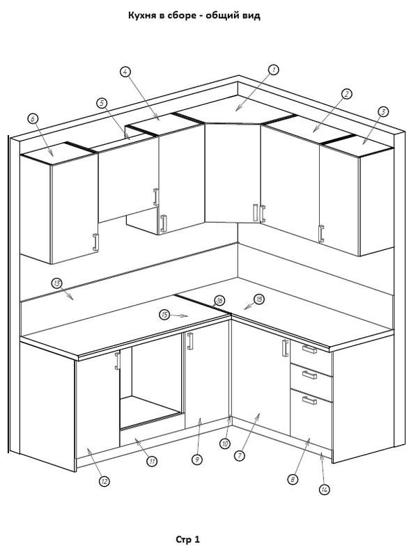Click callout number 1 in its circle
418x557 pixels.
[x=273, y=70]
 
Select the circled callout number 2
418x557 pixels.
[x=346, y=94]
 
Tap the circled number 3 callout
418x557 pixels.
[x=382, y=112]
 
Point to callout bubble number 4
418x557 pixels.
[x=125, y=72]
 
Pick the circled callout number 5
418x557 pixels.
[x=102, y=103]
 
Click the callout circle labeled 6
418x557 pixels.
[x=33, y=118]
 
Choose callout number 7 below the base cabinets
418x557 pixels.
[x=240, y=456]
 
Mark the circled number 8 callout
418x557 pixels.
[x=293, y=480]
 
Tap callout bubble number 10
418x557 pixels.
[x=225, y=444]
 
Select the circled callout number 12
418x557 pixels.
[x=104, y=482]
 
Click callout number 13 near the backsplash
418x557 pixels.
[x=57, y=283]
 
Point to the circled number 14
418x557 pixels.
[x=325, y=490]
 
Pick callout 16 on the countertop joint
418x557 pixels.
[x=219, y=301]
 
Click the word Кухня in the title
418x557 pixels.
[x=144, y=15]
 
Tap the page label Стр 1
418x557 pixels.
[x=188, y=540]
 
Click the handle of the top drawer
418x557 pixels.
[x=309, y=350]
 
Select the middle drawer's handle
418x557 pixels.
[x=309, y=375]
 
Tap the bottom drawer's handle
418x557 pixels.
[x=309, y=400]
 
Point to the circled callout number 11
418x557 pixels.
[x=152, y=462]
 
